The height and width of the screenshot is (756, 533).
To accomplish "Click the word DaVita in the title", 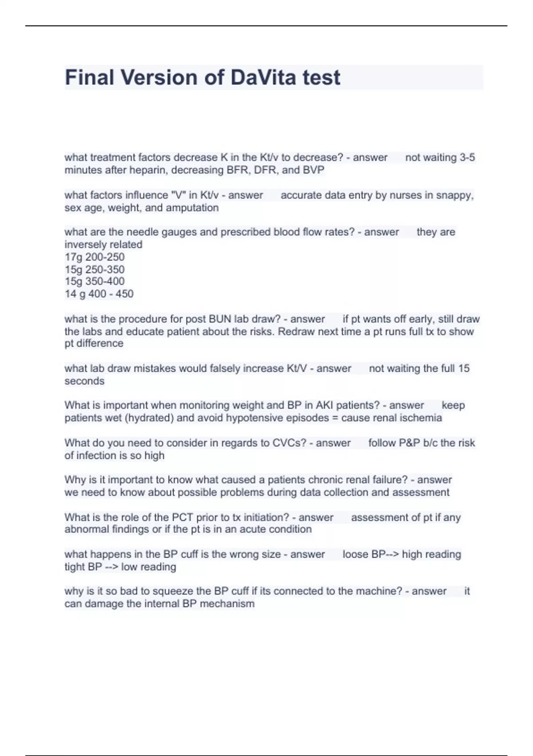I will [263, 77].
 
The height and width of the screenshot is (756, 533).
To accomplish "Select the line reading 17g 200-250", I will [95, 257].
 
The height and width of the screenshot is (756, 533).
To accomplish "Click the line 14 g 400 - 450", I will [99, 294].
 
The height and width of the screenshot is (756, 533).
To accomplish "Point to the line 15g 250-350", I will [95, 269].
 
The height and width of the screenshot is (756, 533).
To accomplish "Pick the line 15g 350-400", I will [95, 281].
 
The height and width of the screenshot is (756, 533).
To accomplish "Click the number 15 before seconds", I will [464, 369].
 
